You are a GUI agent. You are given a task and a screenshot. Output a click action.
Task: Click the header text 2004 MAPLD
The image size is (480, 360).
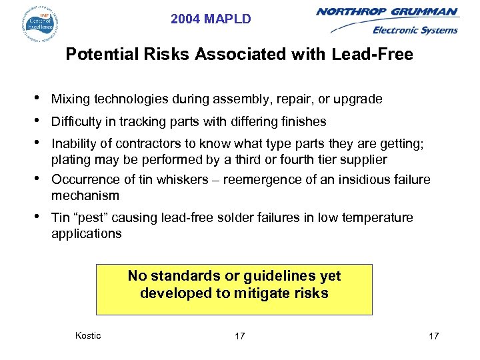pyautogui.click(x=211, y=19)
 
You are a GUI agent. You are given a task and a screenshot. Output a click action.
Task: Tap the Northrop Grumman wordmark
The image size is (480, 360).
pyautogui.click(x=387, y=12)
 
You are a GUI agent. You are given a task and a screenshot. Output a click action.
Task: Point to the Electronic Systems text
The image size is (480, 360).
pyautogui.click(x=415, y=29)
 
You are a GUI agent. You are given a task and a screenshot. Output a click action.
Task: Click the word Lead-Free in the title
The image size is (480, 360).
pyautogui.click(x=381, y=54)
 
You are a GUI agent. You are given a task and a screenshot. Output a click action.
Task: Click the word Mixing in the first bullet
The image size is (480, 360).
pyautogui.click(x=71, y=99)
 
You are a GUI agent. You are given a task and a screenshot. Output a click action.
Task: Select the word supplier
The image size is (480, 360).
pyautogui.click(x=363, y=159)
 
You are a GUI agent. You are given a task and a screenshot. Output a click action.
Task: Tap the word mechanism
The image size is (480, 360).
pyautogui.click(x=85, y=196)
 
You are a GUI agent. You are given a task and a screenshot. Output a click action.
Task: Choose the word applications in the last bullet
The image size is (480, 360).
pyautogui.click(x=86, y=234)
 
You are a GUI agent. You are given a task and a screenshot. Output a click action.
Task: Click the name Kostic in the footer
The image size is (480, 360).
pyautogui.click(x=89, y=335)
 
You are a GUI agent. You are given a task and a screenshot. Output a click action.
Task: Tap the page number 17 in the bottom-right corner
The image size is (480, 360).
pyautogui.click(x=433, y=336)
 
